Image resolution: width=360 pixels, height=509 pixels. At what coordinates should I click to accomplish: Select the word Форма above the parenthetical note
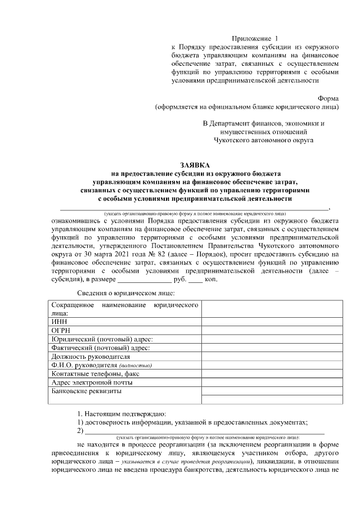tap(328, 97)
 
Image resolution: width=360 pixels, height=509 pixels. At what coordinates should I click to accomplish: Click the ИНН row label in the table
tap(59, 321)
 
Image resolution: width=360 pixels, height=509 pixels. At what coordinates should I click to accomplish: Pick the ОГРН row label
tap(61, 330)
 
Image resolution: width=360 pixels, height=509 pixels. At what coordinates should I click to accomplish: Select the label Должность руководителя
tap(91, 357)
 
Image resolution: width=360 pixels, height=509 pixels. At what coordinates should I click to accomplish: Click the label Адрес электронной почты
tap(92, 382)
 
